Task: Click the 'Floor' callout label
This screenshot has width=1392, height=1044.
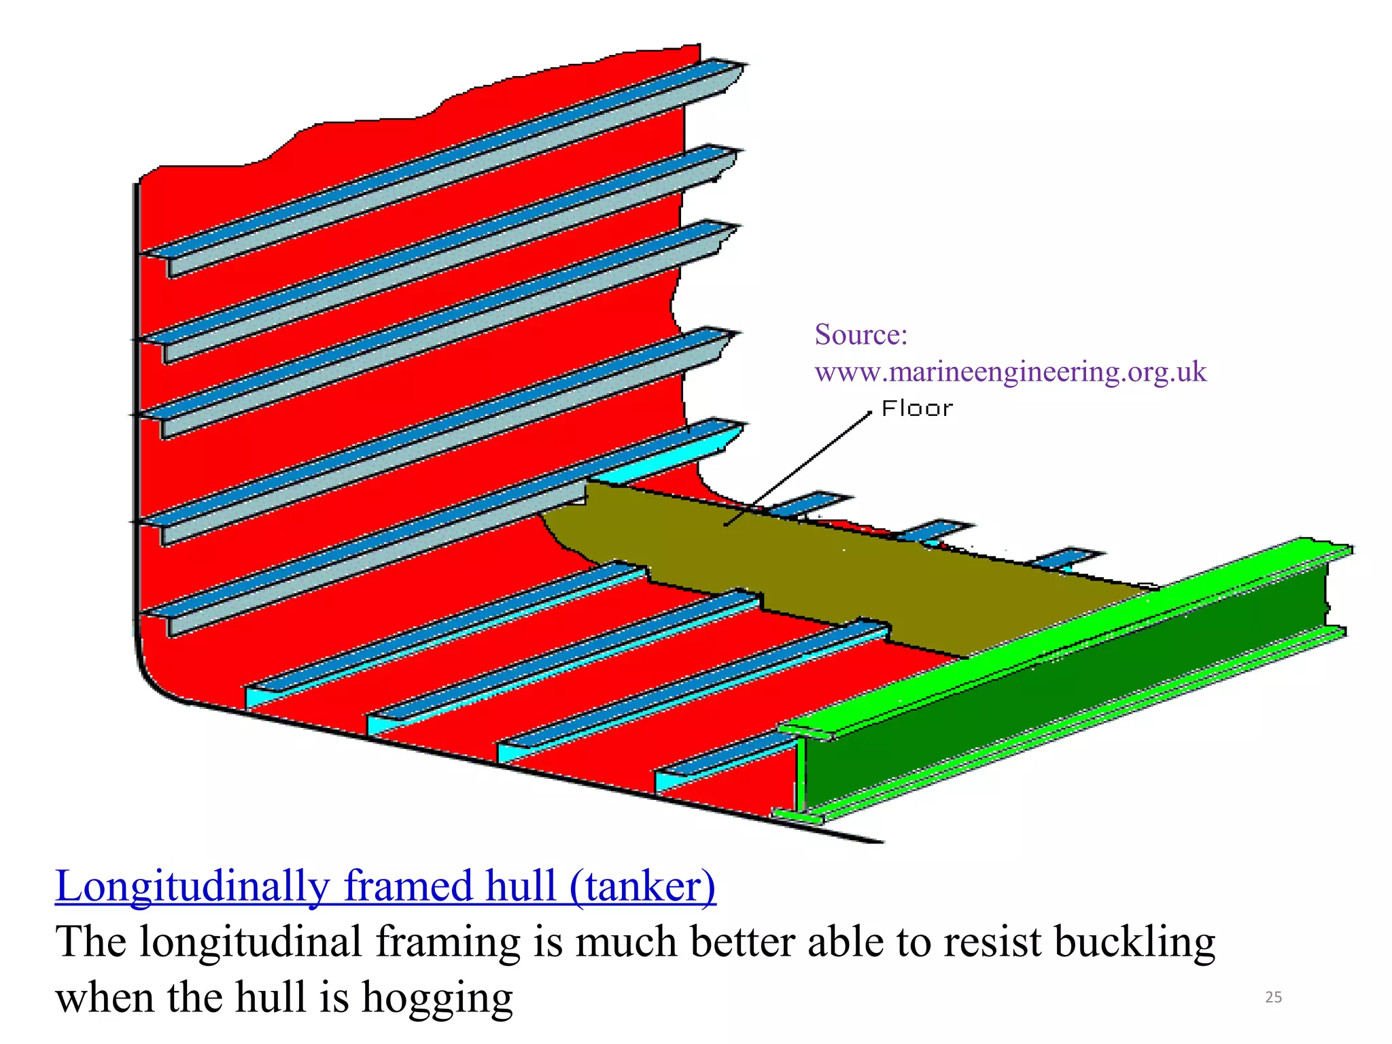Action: click(x=917, y=408)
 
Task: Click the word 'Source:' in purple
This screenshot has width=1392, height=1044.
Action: click(x=860, y=334)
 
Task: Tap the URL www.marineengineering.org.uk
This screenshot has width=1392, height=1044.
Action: click(x=1010, y=372)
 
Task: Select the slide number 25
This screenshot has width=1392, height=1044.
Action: click(x=1273, y=997)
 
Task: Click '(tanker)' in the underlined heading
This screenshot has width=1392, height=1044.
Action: click(x=642, y=886)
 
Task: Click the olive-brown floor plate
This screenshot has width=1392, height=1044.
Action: click(x=850, y=578)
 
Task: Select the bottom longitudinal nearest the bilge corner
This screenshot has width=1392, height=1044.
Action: click(x=442, y=629)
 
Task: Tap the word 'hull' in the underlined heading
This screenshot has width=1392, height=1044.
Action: click(x=520, y=886)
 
